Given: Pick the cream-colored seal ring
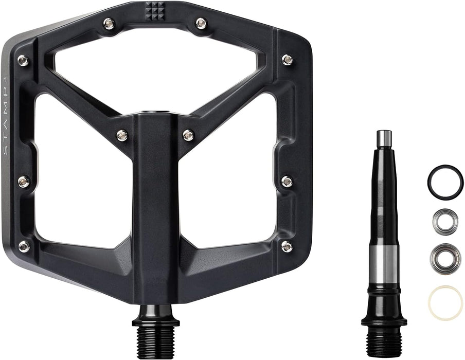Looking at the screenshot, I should [x=445, y=302].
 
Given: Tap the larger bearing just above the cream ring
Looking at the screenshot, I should [x=445, y=258].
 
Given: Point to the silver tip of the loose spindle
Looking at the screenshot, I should [x=384, y=138].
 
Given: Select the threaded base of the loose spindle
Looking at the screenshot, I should [x=384, y=342].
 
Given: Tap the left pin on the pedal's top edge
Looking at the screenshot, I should [x=109, y=23].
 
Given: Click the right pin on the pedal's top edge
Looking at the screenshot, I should [x=201, y=23].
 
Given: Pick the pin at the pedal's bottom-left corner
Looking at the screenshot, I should [x=24, y=246].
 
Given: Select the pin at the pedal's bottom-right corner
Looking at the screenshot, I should [x=287, y=246].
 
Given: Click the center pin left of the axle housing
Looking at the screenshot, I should [x=122, y=135].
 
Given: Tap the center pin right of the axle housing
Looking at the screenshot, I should [x=188, y=135].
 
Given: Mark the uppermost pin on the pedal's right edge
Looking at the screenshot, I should [x=288, y=60].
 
